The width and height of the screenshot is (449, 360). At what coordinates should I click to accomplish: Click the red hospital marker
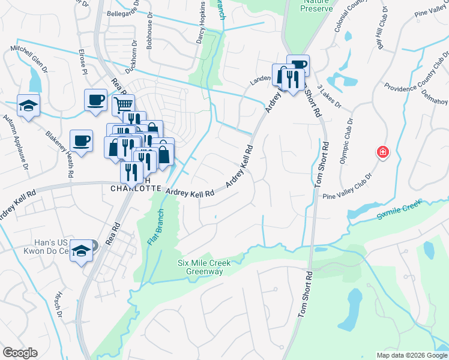382,153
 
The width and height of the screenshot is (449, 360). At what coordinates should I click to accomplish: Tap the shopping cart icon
123,104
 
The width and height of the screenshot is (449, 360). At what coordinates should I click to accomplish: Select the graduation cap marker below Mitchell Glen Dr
28,106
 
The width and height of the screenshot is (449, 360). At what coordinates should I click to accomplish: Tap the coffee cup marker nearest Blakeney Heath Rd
82,141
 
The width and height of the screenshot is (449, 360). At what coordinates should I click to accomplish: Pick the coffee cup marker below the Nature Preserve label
298,65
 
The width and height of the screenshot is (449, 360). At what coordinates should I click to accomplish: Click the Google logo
20,353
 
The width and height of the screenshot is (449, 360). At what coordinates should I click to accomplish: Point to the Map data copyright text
411,355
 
